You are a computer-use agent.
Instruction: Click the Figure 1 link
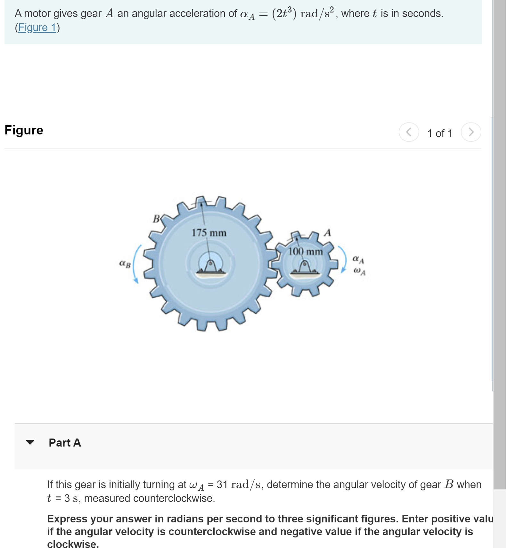(x=37, y=28)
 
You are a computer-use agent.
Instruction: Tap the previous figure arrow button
(x=409, y=132)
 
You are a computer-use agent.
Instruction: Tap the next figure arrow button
(x=471, y=132)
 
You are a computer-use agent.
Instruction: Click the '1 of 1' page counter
(x=440, y=133)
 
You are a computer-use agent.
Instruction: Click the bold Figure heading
(x=24, y=130)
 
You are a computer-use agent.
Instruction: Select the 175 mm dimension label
(x=209, y=233)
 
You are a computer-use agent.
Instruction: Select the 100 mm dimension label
(x=305, y=252)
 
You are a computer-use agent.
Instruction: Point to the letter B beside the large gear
(x=156, y=219)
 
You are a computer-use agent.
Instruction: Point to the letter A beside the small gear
(x=327, y=233)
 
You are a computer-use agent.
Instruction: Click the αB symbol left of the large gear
(x=125, y=264)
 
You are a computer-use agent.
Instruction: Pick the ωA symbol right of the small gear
(x=359, y=271)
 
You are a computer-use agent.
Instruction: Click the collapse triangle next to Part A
(x=30, y=442)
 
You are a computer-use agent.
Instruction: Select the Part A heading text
(x=65, y=443)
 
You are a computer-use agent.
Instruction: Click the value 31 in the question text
(x=222, y=485)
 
